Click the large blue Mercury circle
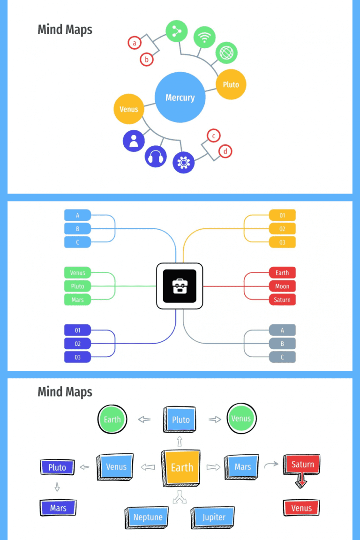click(180, 97)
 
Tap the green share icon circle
click(177, 31)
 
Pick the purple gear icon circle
click(183, 162)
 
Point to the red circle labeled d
click(225, 151)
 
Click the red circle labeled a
click(135, 43)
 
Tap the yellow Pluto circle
click(231, 84)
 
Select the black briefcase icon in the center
click(180, 286)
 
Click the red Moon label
click(282, 286)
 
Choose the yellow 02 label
click(282, 229)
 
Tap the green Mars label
click(77, 300)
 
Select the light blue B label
click(77, 229)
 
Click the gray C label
click(282, 357)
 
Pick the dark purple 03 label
click(77, 357)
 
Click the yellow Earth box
click(182, 467)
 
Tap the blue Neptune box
click(148, 517)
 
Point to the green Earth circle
click(112, 419)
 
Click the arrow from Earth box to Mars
click(213, 467)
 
